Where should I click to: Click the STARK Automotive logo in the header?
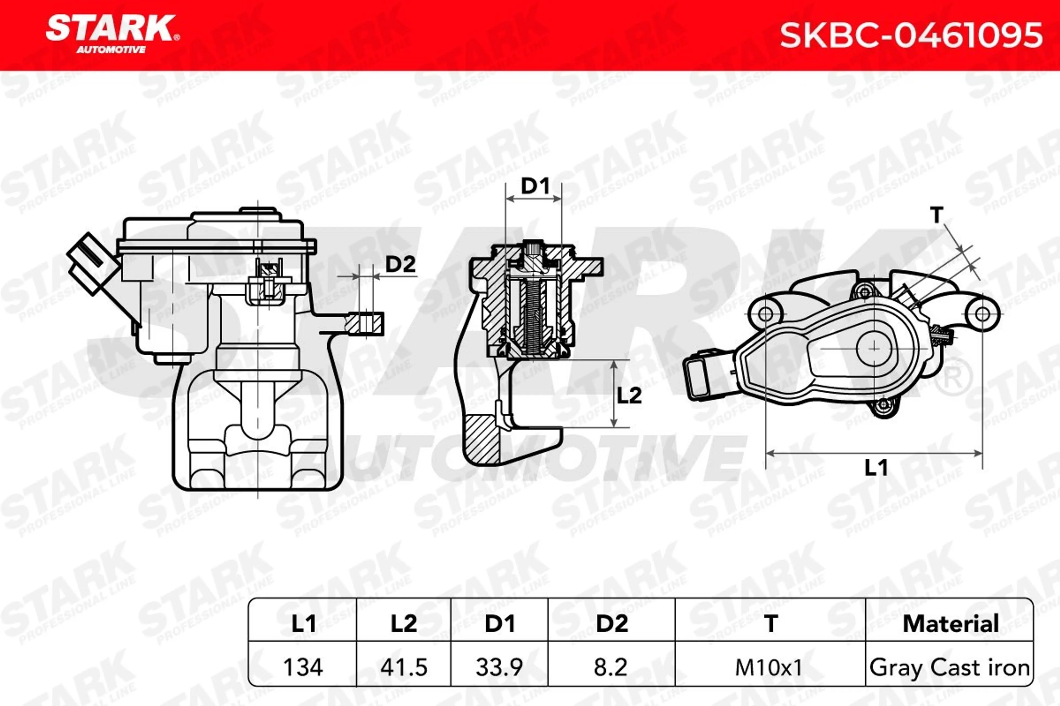112,34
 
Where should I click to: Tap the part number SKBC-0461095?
911,35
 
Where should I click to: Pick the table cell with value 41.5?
404,667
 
